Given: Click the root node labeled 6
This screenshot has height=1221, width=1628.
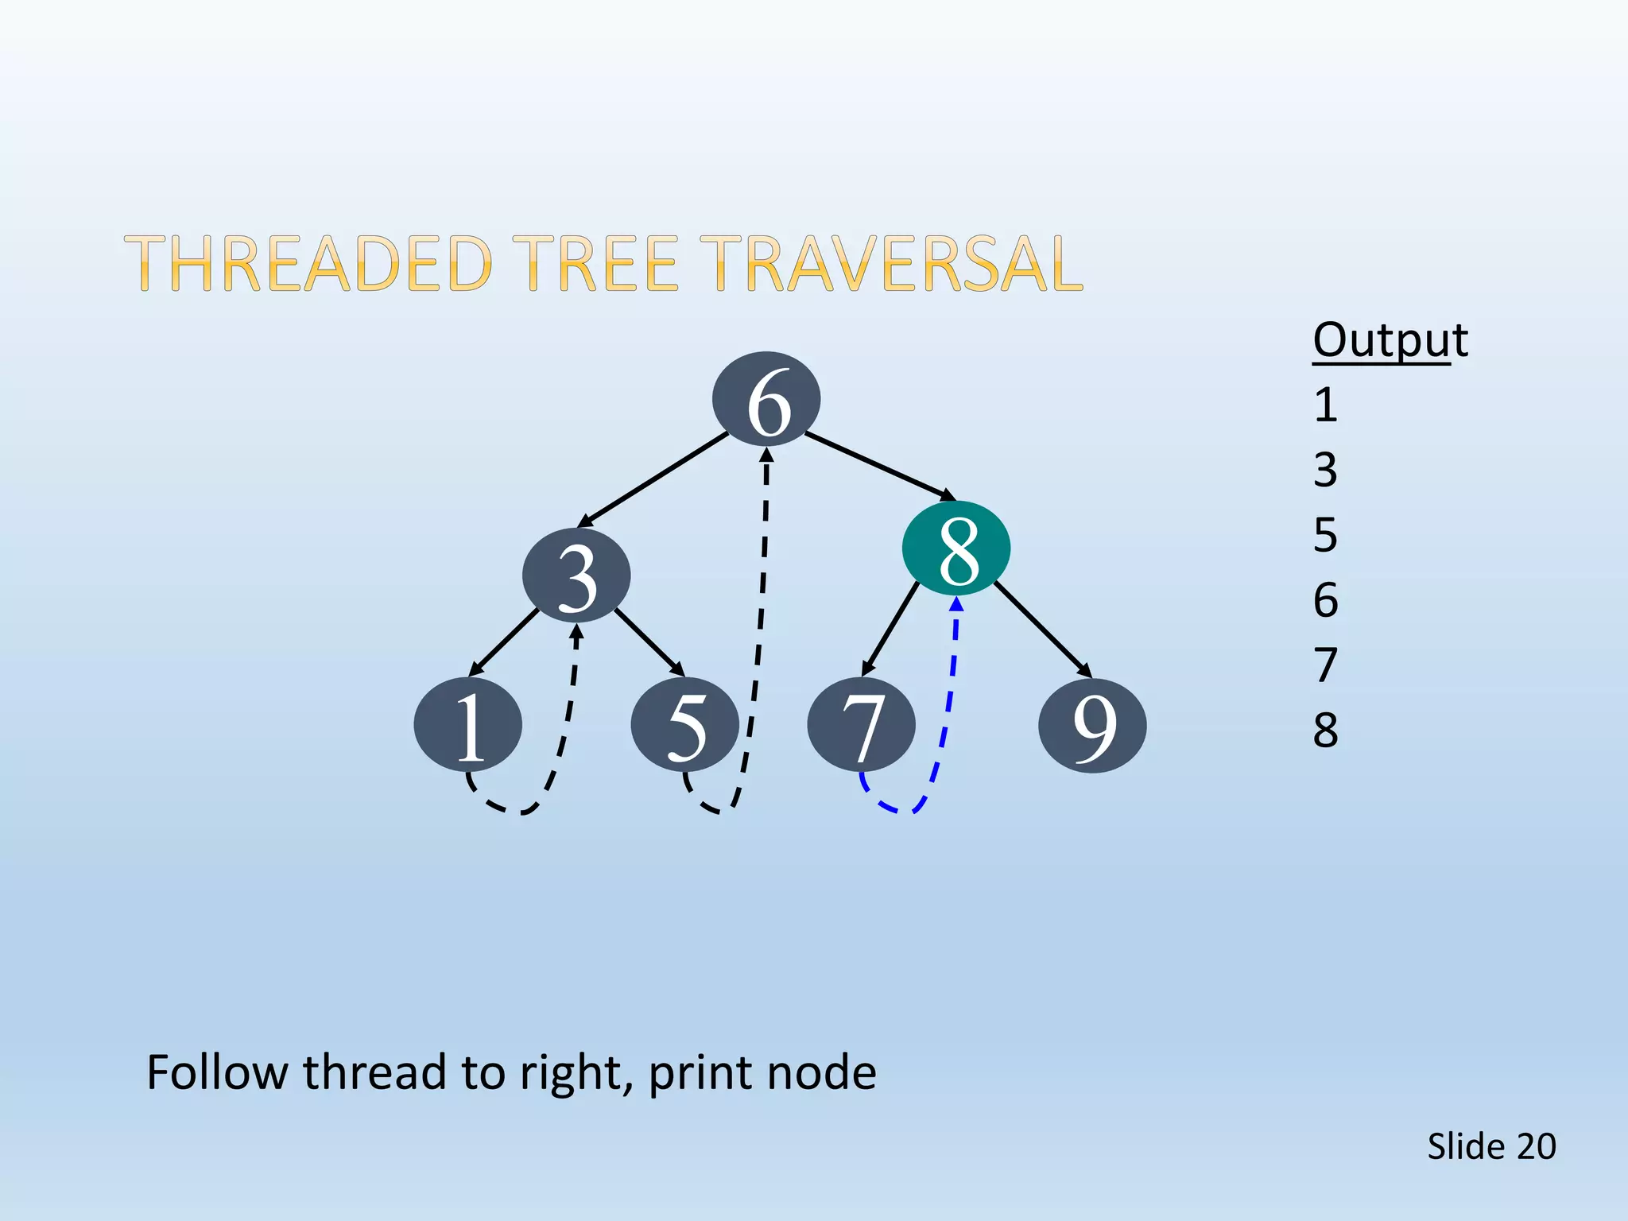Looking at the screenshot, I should [766, 399].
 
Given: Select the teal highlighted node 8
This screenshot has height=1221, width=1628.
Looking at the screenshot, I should [956, 548].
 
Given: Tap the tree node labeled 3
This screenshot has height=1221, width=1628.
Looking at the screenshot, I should [576, 576].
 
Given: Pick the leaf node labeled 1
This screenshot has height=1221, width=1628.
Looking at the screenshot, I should [468, 725].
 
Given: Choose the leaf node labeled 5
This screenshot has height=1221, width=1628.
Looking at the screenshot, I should [684, 725].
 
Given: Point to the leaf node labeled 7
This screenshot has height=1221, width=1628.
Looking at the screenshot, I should [861, 725].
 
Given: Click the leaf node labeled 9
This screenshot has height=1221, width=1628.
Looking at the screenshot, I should [1092, 725].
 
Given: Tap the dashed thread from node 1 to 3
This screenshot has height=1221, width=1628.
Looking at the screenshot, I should [566, 715].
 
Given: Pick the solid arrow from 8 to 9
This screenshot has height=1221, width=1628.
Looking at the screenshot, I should [1041, 628].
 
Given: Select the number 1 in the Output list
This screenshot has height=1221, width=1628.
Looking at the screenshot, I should [1325, 405].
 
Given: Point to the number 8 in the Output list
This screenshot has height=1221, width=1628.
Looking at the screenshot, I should [1325, 730].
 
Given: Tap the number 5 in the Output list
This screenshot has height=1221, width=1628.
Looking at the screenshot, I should [1325, 535].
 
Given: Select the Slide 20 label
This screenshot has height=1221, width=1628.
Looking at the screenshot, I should [1490, 1146].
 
